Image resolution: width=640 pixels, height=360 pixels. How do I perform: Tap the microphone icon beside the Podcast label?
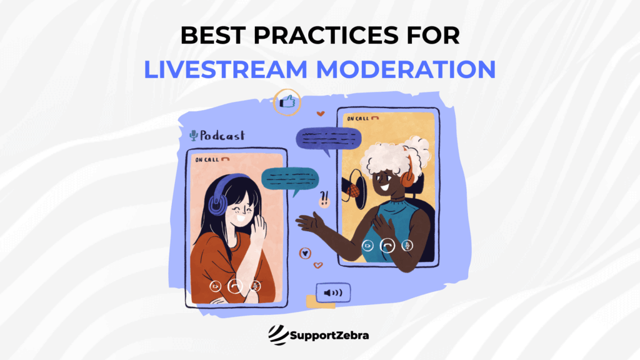(194, 136)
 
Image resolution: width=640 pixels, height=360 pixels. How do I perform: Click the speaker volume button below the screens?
(333, 292)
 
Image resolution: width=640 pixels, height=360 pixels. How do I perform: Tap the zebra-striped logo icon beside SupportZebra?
(277, 335)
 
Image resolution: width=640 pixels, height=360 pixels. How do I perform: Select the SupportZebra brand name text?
(330, 336)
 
